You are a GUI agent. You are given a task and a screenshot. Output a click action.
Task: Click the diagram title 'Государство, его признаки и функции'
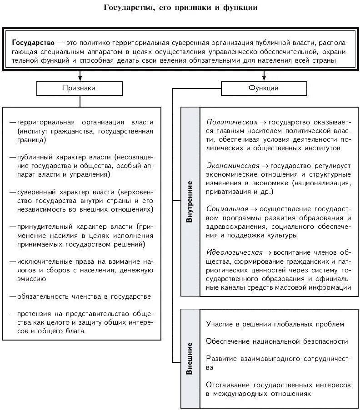pyautogui.click(x=180, y=8)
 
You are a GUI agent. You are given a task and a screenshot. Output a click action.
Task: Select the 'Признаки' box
pyautogui.click(x=79, y=88)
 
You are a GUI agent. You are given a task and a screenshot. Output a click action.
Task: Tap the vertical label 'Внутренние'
pyautogui.click(x=190, y=201)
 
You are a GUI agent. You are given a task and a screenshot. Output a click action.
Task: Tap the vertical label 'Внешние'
pyautogui.click(x=190, y=358)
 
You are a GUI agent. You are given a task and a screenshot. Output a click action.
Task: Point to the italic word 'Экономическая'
pyautogui.click(x=233, y=166)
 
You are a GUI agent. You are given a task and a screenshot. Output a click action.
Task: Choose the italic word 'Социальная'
pyautogui.click(x=227, y=209)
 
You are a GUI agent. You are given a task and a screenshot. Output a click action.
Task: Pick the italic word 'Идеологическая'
pyautogui.click(x=235, y=252)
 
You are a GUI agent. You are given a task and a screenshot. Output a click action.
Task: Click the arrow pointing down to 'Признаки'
pyautogui.click(x=80, y=75)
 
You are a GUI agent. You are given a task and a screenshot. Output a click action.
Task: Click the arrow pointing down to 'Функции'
pyautogui.click(x=264, y=75)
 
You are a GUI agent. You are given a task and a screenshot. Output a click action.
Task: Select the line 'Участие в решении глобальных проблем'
pyautogui.click(x=275, y=324)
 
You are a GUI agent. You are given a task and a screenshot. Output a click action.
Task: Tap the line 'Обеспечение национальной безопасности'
pyautogui.click(x=277, y=341)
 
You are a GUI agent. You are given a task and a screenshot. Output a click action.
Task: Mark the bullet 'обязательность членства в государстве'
pyautogui.click(x=84, y=296)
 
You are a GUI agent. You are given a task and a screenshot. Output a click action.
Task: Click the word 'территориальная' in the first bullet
pyautogui.click(x=44, y=123)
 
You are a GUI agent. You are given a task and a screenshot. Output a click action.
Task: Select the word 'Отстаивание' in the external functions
pyautogui.click(x=228, y=385)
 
